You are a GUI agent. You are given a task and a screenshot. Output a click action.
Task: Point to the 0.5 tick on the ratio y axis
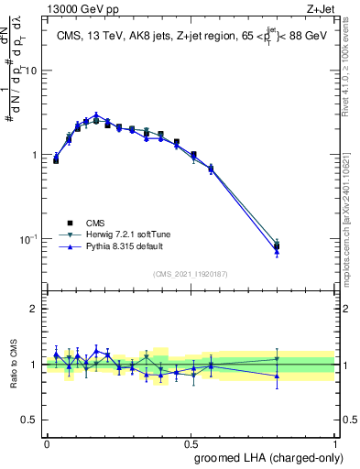33,420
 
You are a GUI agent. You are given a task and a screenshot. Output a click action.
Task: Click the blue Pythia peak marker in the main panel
95,115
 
